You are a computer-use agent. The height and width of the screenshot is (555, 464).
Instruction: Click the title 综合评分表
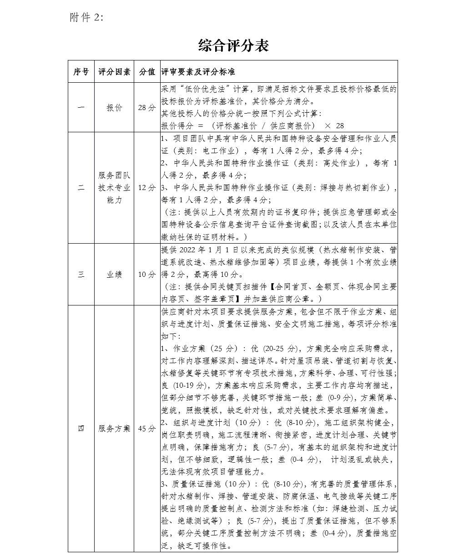point(233,45)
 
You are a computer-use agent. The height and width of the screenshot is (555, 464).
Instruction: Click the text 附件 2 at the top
point(86,17)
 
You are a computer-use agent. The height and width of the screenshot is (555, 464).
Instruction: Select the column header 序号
point(81,72)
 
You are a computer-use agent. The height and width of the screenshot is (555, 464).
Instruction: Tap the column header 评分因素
point(114,72)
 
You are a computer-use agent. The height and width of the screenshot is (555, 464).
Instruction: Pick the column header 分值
point(147,72)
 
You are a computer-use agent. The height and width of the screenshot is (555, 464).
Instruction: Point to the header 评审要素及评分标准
point(198,72)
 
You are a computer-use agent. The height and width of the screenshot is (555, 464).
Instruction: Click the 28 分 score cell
point(147,108)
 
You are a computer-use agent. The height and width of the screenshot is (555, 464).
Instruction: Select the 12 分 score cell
point(147,187)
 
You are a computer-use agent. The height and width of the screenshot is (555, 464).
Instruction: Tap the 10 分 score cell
point(147,274)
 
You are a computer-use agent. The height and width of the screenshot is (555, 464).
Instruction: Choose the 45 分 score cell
point(147,428)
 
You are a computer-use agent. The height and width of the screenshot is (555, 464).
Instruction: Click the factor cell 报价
point(114,108)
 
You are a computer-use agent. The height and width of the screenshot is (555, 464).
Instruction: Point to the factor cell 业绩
point(114,274)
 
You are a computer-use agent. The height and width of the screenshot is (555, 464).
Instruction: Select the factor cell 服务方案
point(114,428)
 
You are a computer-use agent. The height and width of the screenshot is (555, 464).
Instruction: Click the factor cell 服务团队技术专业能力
point(114,187)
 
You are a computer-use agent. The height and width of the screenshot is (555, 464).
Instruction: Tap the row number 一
point(81,108)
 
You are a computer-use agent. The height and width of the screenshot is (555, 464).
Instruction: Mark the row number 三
point(81,274)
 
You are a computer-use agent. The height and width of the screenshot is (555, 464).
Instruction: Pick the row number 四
point(81,428)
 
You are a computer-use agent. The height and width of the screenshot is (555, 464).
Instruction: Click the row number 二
point(81,187)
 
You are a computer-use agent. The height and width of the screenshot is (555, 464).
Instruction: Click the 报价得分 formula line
point(252,125)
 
